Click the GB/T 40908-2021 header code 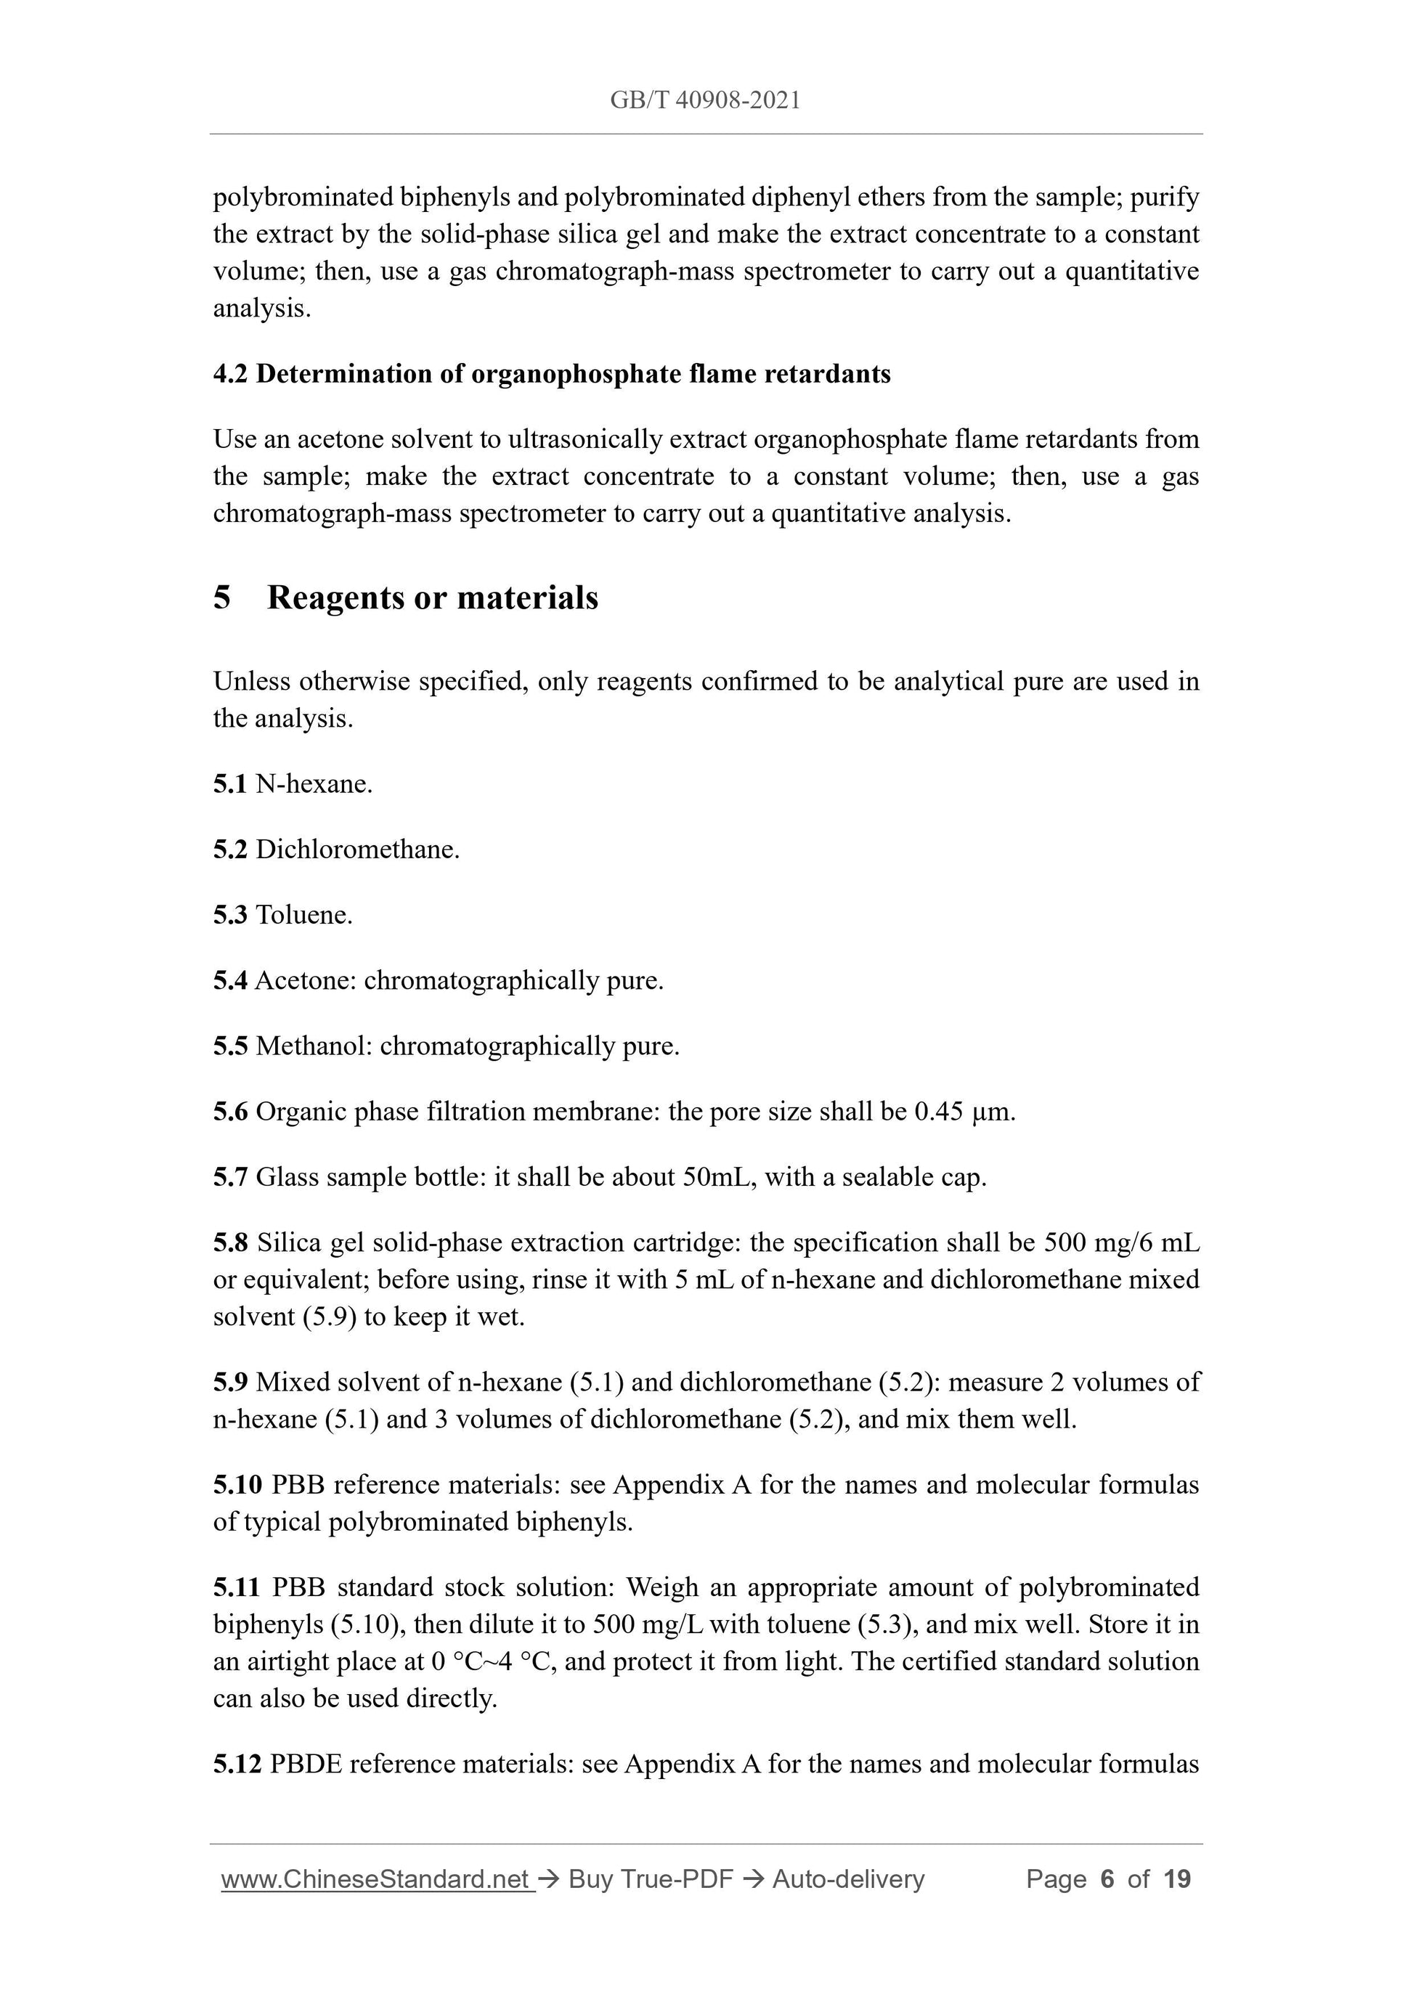pyautogui.click(x=704, y=100)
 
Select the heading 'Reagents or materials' pyautogui.click(x=432, y=598)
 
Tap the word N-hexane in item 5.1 pyautogui.click(x=314, y=783)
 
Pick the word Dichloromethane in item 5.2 pyautogui.click(x=357, y=849)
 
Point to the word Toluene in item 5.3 pyautogui.click(x=304, y=914)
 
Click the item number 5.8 pyautogui.click(x=230, y=1242)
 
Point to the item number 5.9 pyautogui.click(x=230, y=1382)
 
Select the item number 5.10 pyautogui.click(x=237, y=1484)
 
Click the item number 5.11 pyautogui.click(x=237, y=1587)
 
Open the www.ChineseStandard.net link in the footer pyautogui.click(x=376, y=1880)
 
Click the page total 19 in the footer pyautogui.click(x=1176, y=1880)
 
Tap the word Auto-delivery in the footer pyautogui.click(x=848, y=1880)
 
